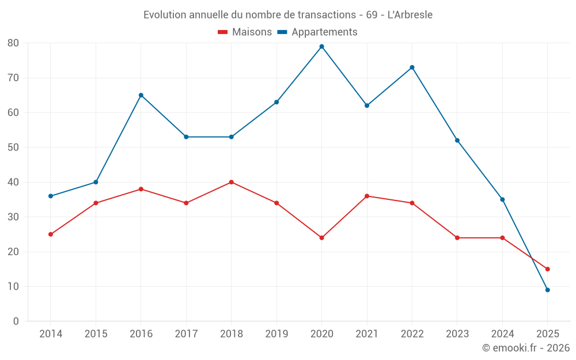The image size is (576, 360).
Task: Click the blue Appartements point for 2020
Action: tap(322, 47)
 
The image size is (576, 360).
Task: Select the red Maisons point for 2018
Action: tap(232, 182)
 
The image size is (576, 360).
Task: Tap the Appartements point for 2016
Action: tap(141, 95)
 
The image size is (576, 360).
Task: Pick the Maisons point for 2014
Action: tap(51, 234)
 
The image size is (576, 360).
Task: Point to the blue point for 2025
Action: tap(548, 290)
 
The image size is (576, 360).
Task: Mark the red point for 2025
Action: tap(548, 269)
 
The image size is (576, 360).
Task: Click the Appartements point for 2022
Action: tap(412, 67)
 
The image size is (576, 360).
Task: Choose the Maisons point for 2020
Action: tap(322, 238)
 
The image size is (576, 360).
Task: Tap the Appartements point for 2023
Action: tap(457, 141)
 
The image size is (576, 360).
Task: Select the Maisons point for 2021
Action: tap(367, 196)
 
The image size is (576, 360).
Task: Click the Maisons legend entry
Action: tap(245, 32)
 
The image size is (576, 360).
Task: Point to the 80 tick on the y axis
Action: tap(13, 43)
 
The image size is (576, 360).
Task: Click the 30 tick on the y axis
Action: tap(13, 217)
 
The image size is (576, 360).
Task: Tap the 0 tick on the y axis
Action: tap(16, 321)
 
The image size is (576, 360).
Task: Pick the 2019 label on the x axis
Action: tap(276, 334)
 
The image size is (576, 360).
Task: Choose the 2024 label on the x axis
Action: tap(502, 334)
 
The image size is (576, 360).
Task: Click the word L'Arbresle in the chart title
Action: tap(410, 14)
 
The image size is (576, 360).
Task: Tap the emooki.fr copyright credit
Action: tap(526, 348)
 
